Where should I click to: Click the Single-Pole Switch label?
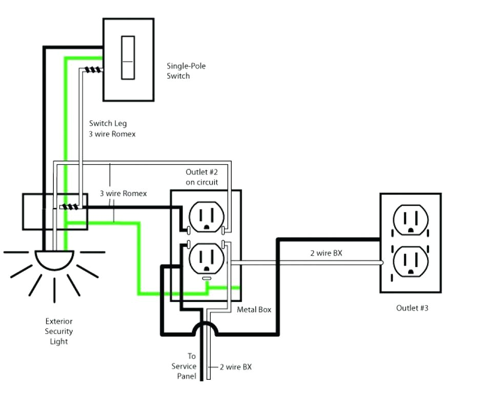(x=186, y=71)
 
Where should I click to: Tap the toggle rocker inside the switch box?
(x=128, y=57)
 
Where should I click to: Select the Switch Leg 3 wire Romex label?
(x=112, y=128)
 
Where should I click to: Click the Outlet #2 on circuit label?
(x=201, y=177)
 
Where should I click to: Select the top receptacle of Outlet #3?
(x=410, y=219)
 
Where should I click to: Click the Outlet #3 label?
(x=412, y=308)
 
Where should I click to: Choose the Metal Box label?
(x=254, y=310)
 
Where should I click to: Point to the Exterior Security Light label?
(x=58, y=331)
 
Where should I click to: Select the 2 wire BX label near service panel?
(x=236, y=367)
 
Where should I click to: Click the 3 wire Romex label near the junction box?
(x=123, y=193)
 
